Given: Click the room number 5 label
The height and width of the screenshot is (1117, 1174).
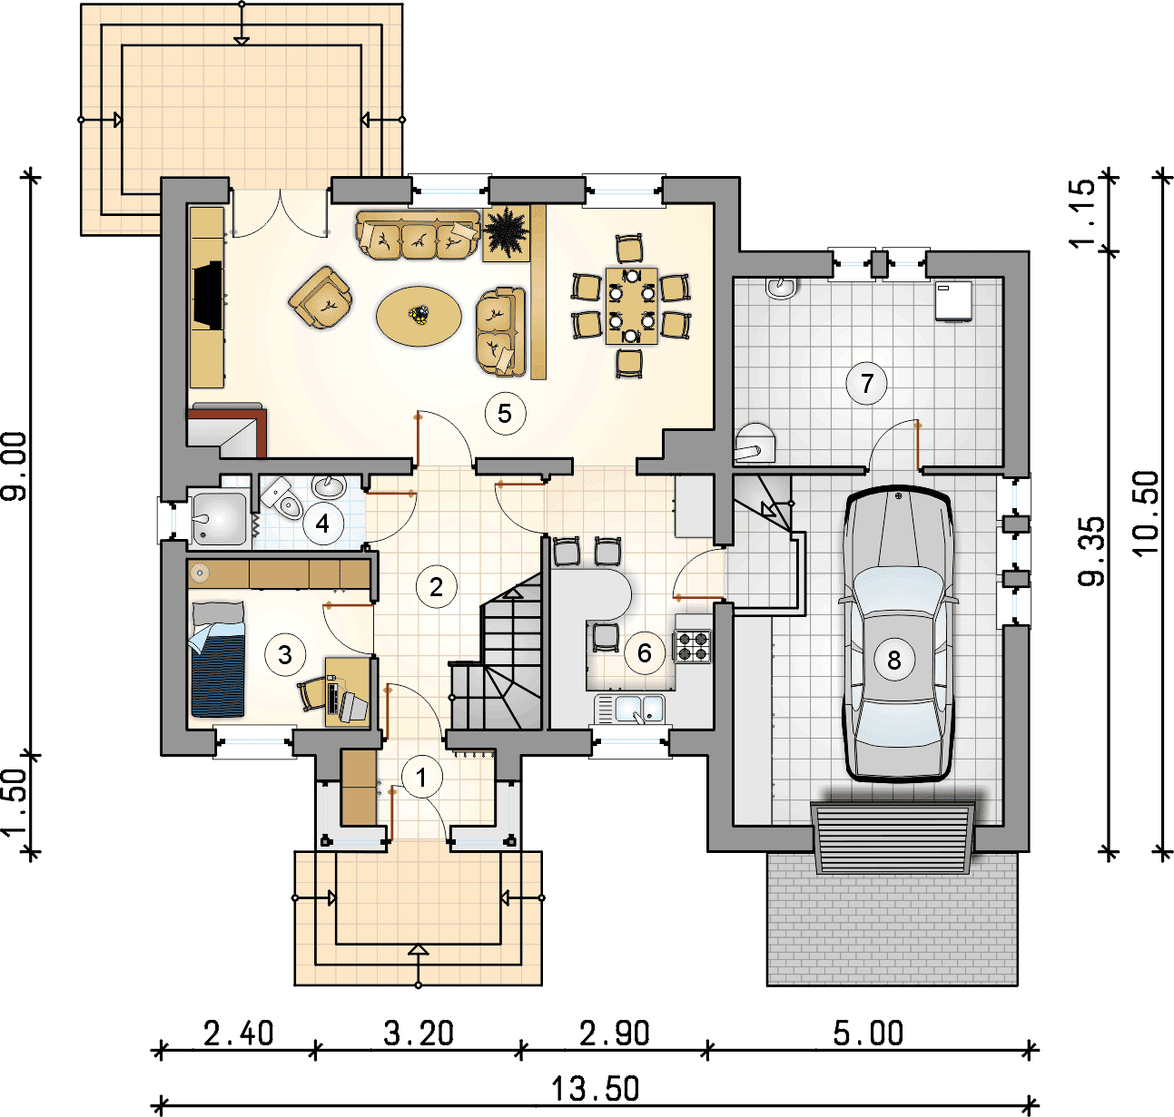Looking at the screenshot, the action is [505, 413].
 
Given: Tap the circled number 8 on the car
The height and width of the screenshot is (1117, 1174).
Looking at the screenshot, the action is [893, 660].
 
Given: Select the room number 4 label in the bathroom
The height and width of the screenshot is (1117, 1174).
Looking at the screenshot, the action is [322, 524].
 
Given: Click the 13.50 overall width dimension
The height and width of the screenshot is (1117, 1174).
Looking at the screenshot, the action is [595, 1088].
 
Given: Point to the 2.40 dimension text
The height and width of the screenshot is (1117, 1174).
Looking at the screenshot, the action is [238, 1034].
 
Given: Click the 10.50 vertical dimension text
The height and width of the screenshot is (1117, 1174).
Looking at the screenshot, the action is [1145, 514].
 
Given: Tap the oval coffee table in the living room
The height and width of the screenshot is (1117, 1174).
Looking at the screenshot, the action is [419, 317].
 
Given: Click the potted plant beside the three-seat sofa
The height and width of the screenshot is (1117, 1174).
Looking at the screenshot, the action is [507, 233].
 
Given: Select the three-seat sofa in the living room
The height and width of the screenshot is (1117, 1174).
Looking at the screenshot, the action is [418, 234].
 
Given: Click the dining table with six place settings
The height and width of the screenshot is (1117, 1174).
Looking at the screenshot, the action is [632, 307].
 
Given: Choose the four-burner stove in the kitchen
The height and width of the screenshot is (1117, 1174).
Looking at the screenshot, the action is [693, 647].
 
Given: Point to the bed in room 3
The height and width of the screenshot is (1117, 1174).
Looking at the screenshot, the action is [218, 659].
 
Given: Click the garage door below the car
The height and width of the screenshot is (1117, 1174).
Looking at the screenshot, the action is [893, 838].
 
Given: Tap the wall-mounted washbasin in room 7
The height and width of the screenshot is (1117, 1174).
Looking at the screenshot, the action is [781, 288].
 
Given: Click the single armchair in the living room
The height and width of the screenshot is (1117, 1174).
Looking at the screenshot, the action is [321, 298].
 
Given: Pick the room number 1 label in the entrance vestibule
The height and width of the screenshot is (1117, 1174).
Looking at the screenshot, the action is [421, 778].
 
